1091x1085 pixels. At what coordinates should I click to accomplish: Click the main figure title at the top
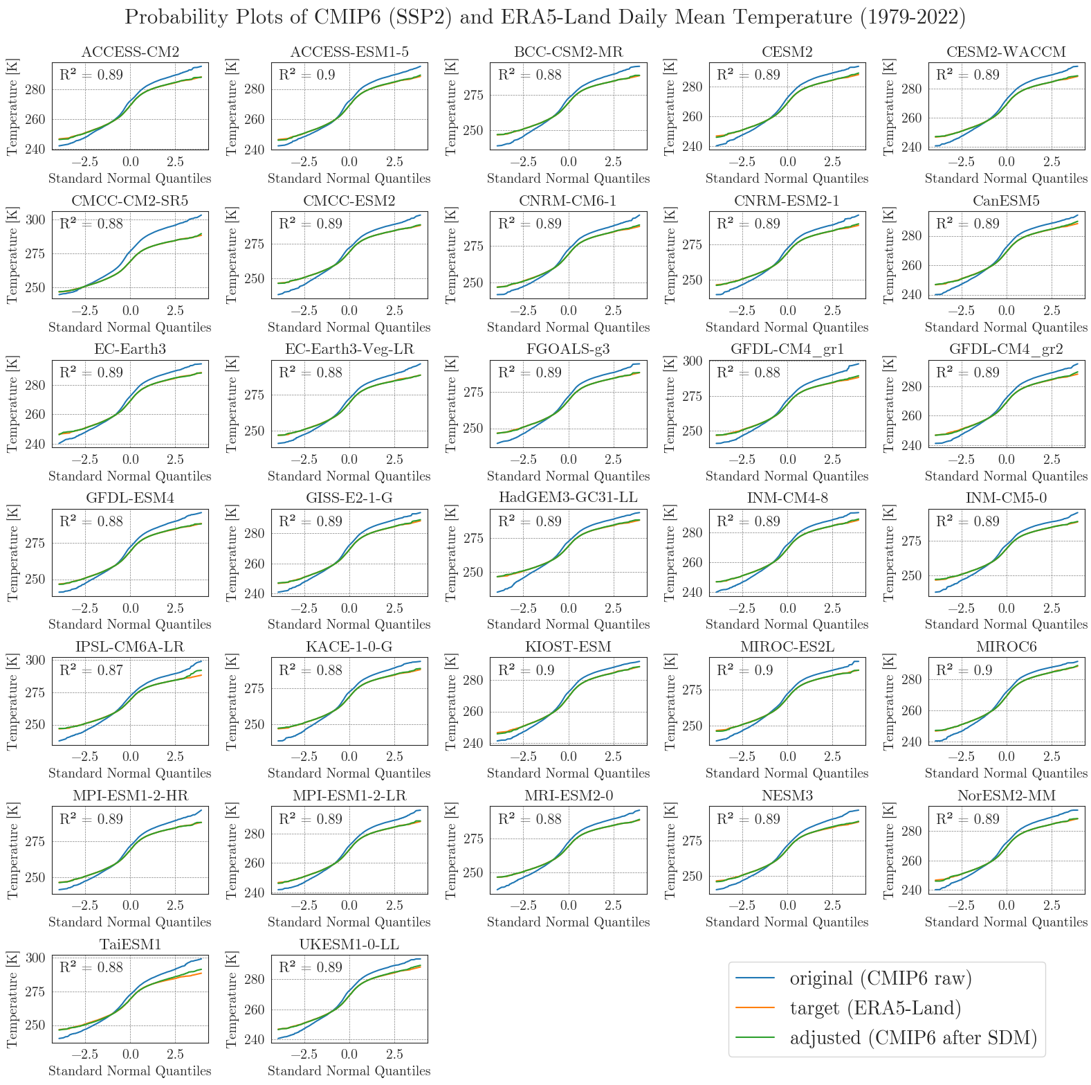click(545, 17)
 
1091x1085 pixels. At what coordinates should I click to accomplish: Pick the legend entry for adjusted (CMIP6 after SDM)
click(913, 1038)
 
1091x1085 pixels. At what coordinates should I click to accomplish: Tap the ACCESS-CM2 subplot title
click(130, 52)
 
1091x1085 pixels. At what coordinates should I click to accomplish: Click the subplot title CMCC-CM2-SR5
click(130, 201)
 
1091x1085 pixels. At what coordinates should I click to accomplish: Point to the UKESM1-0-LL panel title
click(349, 944)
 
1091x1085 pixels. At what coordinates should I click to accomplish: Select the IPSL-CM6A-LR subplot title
click(130, 647)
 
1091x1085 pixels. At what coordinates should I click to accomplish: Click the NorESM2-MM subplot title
click(1006, 796)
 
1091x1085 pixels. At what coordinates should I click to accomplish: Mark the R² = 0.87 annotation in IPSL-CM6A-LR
click(91, 670)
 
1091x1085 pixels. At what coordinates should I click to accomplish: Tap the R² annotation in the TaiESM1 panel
click(91, 967)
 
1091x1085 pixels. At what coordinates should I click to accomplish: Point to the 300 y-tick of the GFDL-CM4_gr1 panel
click(693, 361)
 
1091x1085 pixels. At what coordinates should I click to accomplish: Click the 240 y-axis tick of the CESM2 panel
click(693, 146)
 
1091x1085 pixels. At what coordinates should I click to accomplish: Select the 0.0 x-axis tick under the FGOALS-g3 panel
click(568, 460)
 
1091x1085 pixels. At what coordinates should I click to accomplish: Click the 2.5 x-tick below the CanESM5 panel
click(1052, 311)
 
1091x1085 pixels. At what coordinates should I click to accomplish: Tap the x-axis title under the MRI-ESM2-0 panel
click(568, 922)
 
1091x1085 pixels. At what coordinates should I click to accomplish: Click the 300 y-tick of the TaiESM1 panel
click(36, 958)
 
